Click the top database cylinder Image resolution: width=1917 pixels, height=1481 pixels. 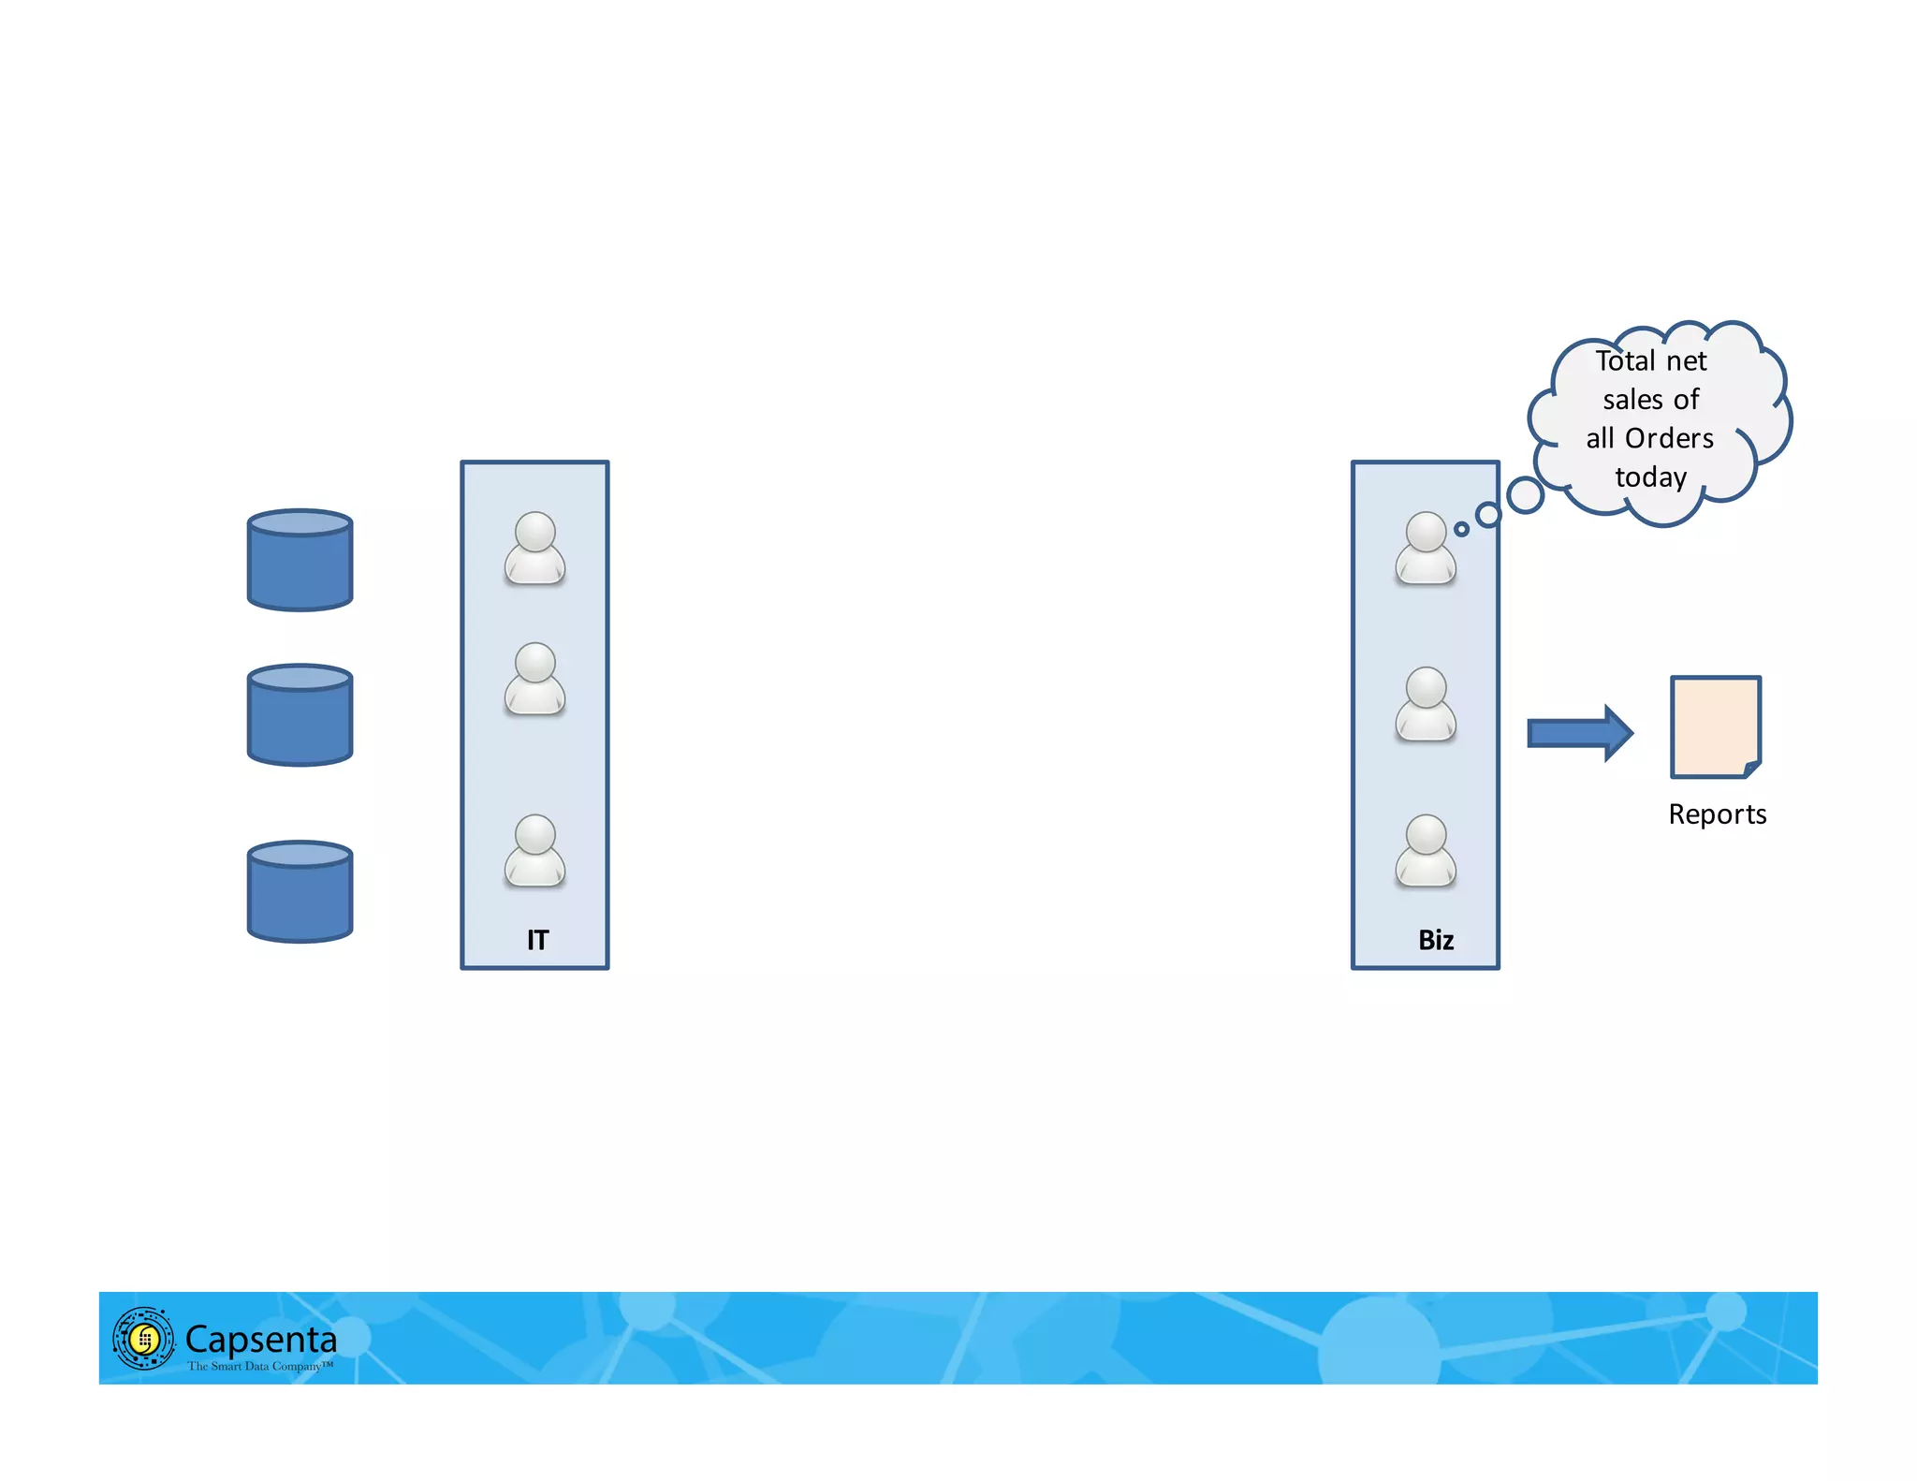pos(300,560)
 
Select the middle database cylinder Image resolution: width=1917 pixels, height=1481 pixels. pos(300,715)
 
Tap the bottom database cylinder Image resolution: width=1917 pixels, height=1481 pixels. pos(300,891)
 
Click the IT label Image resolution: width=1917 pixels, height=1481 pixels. pos(537,940)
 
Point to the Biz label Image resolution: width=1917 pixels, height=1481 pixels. pos(1436,940)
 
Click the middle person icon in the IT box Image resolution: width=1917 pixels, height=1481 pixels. pos(534,680)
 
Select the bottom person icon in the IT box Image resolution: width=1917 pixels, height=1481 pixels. pos(534,851)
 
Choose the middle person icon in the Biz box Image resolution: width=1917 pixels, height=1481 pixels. pos(1426,704)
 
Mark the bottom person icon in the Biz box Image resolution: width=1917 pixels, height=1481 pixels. pos(1426,851)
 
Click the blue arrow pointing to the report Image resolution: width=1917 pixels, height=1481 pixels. pos(1579,733)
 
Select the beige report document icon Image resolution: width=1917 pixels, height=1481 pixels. pos(1716,727)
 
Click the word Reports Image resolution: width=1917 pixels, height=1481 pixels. pos(1717,814)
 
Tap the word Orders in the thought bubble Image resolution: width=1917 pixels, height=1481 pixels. pos(1669,438)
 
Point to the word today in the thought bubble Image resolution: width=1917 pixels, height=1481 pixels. pos(1651,477)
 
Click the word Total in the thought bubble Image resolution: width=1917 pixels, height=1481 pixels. pos(1626,361)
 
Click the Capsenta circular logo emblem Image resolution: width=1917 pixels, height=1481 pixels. pos(143,1339)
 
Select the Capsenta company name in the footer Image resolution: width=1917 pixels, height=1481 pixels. pos(261,1340)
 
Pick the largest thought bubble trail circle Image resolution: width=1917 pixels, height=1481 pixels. pos(1525,495)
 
